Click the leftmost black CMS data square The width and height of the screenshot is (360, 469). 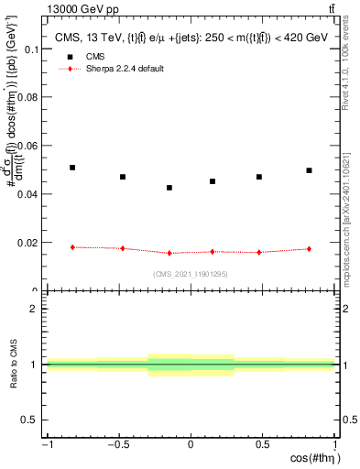72,168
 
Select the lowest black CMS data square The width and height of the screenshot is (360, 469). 169,188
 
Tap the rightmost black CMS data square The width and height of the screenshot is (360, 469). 310,170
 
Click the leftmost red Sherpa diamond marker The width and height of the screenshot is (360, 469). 72,247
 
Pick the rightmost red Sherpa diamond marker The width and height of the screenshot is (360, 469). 310,249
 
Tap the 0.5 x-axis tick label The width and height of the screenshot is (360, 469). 263,445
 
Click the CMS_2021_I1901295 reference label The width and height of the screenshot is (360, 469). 191,274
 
